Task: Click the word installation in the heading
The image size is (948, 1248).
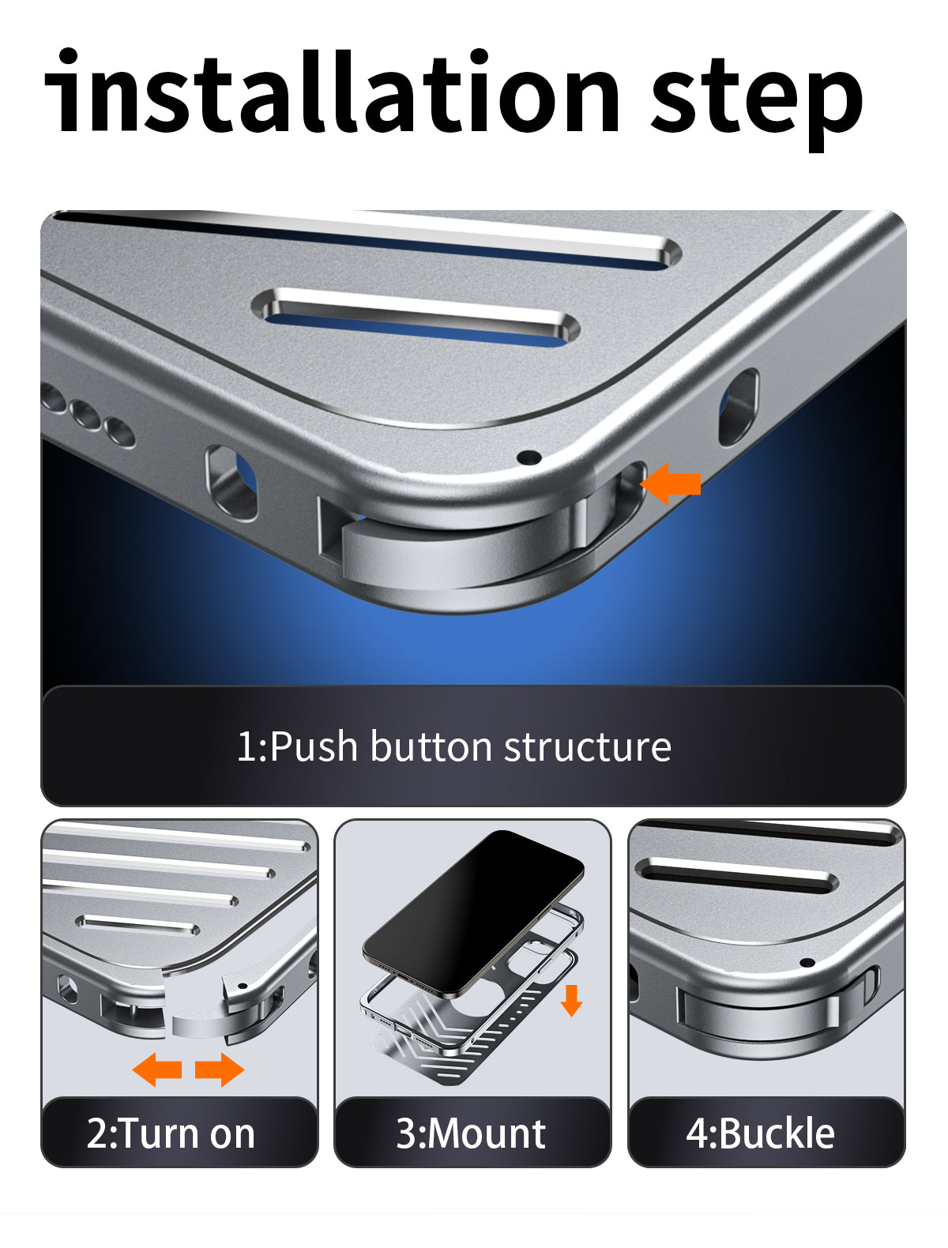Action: (332, 91)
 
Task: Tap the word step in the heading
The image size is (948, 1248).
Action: (757, 100)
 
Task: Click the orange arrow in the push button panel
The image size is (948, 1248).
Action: (671, 484)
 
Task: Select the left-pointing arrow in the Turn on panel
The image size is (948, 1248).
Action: (157, 1070)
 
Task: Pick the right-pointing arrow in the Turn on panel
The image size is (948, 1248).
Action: (220, 1070)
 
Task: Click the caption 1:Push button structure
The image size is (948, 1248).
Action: (453, 746)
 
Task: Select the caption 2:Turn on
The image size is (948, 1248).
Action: (171, 1133)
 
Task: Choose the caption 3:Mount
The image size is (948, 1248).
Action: (471, 1133)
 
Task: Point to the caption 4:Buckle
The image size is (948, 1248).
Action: (760, 1133)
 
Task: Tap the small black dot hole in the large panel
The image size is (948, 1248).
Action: (529, 457)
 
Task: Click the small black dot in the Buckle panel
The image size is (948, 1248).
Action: (807, 963)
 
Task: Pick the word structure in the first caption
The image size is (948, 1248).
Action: (588, 747)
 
